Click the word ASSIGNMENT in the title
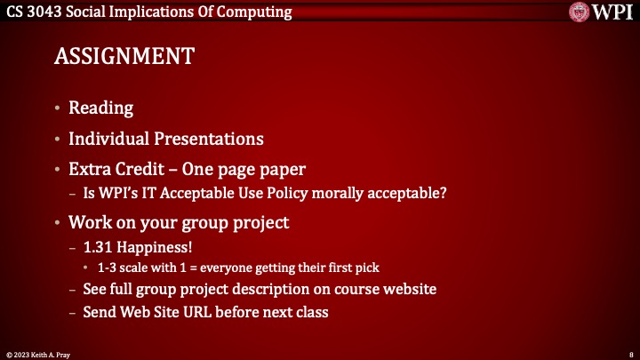tap(124, 56)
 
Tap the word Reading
tap(100, 108)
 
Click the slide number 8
tap(630, 352)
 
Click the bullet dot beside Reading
tap(58, 108)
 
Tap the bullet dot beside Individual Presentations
tap(58, 139)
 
